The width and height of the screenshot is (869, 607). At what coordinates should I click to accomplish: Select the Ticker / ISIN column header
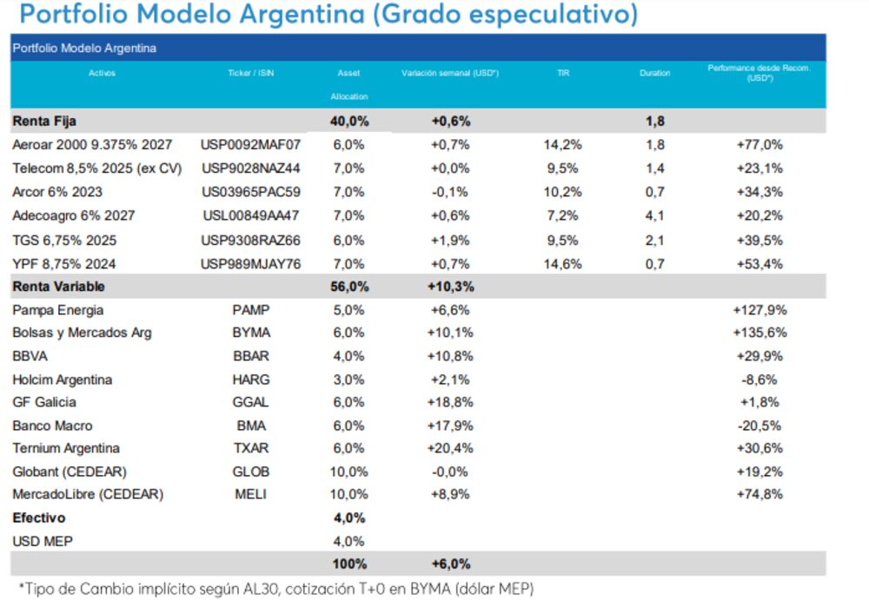point(250,74)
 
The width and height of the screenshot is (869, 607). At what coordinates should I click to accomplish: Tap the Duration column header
point(654,74)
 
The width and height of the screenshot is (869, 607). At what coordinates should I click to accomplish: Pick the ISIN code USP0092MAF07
point(250,144)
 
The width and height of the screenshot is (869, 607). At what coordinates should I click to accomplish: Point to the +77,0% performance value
point(759,144)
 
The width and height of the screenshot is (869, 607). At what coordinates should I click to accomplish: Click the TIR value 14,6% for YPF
point(562,263)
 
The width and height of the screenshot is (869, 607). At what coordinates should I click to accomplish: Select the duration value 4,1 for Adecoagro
point(654,215)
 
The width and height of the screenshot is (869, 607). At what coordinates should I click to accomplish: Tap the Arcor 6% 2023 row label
point(58,192)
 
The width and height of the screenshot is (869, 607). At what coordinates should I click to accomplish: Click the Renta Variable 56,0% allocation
point(349,286)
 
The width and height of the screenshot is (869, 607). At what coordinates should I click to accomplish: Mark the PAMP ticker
point(250,310)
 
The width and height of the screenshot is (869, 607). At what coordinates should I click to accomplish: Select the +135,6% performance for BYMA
point(759,333)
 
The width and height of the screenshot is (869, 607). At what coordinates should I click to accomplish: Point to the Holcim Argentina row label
point(62,379)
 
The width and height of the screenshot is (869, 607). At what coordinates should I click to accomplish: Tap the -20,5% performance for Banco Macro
point(759,426)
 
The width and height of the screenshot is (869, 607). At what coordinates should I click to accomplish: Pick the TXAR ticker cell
point(250,448)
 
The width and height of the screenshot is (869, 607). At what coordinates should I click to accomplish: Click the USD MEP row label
point(43,541)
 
